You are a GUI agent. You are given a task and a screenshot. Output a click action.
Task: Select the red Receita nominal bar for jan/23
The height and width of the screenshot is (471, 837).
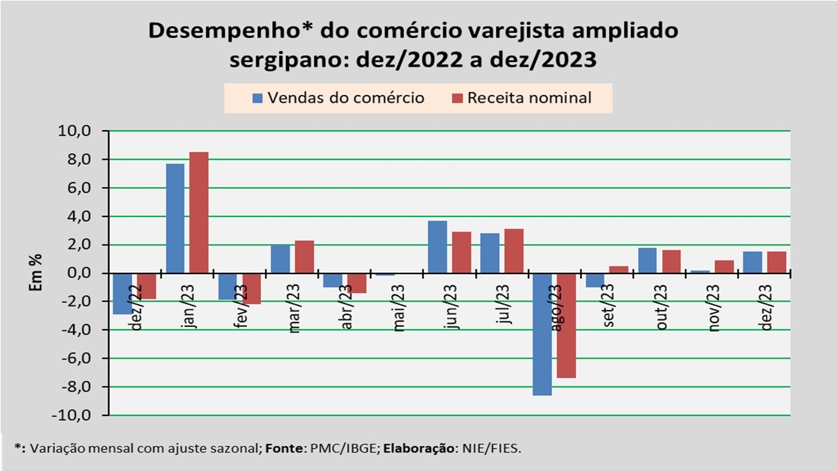[199, 213]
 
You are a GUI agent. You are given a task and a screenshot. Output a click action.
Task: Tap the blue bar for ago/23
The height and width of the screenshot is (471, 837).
[542, 334]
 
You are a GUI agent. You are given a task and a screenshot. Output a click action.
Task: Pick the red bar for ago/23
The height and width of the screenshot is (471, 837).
[566, 325]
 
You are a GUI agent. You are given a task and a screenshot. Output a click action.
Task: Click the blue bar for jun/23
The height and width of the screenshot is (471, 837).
[437, 247]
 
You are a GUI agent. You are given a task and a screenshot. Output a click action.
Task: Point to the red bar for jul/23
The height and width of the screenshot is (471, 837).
[514, 251]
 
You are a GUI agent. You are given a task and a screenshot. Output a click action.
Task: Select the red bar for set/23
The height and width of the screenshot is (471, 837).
[619, 270]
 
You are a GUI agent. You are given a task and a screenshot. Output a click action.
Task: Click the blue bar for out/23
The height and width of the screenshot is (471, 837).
[647, 260]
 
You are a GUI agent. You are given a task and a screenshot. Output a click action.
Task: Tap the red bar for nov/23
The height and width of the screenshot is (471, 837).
[724, 267]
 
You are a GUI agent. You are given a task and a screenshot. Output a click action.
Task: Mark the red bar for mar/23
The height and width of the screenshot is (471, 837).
[304, 256]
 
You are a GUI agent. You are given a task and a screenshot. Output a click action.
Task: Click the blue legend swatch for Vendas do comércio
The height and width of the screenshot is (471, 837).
[258, 98]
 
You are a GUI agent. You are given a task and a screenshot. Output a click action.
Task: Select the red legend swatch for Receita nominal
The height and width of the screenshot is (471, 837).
[457, 98]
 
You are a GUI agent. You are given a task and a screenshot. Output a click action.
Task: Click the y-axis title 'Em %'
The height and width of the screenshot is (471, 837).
[38, 272]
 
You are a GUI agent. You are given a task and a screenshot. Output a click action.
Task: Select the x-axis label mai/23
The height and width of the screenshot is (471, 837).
[400, 307]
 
